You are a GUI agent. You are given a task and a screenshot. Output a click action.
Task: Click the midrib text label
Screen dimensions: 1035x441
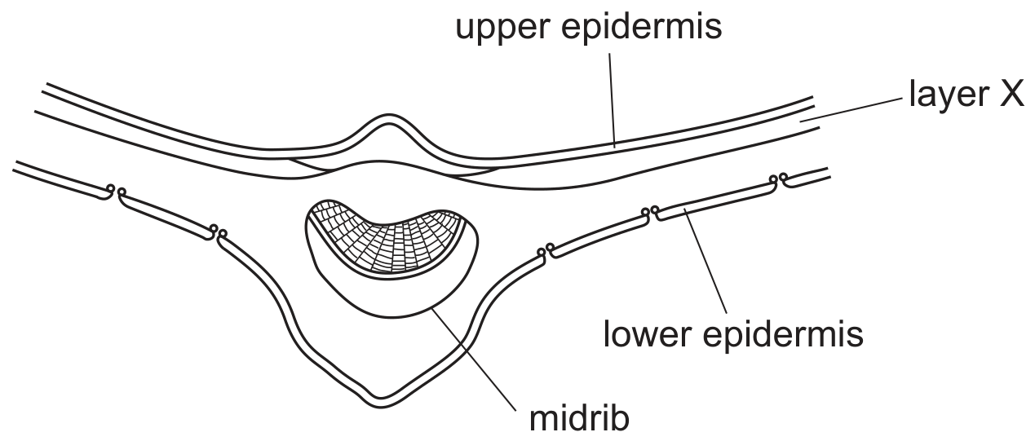pos(579,419)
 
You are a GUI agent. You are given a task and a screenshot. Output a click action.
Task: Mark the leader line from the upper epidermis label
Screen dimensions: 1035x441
pos(612,99)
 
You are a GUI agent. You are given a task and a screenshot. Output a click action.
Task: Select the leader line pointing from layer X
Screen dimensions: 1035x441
pos(851,110)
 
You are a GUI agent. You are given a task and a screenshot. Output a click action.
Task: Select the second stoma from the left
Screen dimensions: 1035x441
pos(218,231)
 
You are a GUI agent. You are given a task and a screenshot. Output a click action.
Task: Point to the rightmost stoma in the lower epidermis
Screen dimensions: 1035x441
pos(778,179)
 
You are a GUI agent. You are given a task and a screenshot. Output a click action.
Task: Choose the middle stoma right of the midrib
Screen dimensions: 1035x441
pos(650,213)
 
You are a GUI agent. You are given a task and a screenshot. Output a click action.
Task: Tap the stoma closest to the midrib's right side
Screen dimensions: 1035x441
pos(546,250)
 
